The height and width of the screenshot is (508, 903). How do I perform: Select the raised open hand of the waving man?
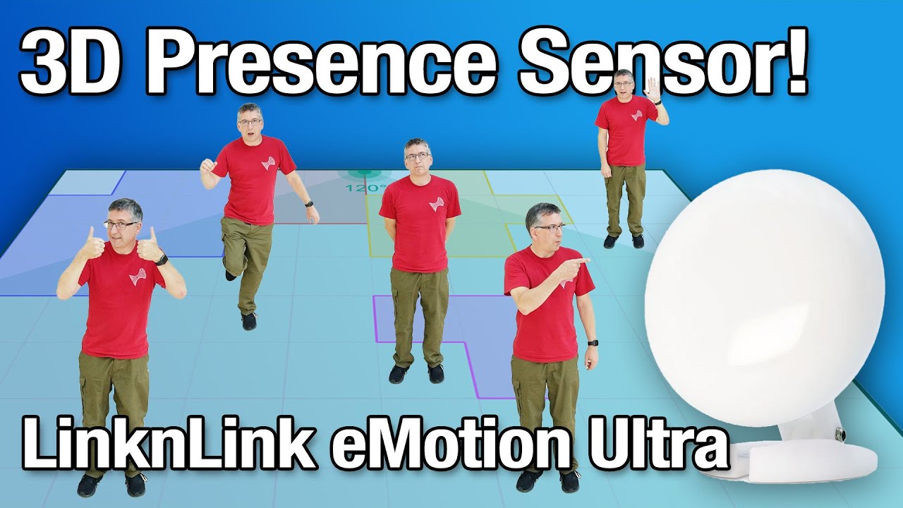[x=653, y=89]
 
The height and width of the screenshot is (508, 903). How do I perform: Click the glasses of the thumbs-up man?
[x=121, y=224]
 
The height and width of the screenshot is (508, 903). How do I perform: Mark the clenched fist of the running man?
[x=207, y=167]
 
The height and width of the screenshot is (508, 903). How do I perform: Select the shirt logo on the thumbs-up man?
[x=137, y=275]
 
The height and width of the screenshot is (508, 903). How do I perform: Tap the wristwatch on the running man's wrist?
[x=309, y=204]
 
